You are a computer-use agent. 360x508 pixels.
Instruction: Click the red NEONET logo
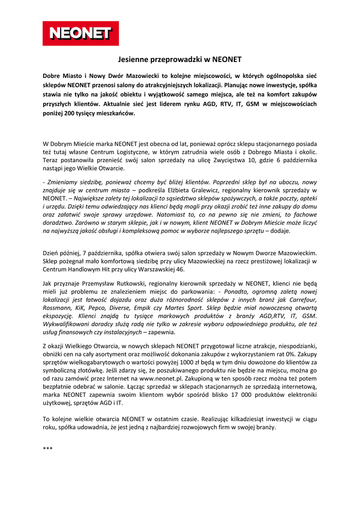point(80,33)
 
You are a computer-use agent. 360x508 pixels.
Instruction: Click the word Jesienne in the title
point(133,60)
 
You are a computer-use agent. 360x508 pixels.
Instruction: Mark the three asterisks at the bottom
point(48,449)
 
